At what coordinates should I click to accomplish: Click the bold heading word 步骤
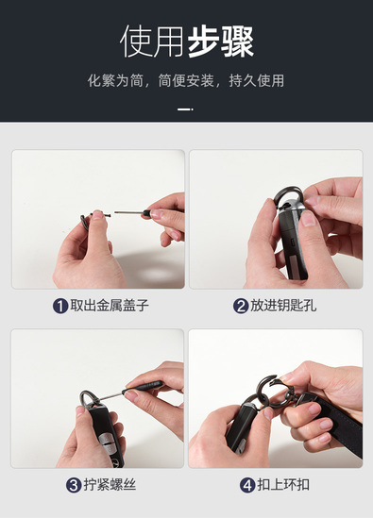[221, 42]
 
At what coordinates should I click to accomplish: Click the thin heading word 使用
[152, 42]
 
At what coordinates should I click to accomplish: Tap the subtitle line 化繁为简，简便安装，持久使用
[186, 80]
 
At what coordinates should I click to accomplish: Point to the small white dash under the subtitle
[185, 109]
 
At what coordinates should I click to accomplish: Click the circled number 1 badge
[60, 306]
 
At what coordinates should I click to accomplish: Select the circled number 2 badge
[241, 306]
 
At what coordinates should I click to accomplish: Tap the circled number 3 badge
[74, 485]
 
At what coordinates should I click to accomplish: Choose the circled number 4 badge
[247, 485]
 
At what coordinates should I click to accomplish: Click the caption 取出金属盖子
[110, 306]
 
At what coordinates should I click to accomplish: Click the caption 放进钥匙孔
[283, 306]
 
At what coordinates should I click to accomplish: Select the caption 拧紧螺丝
[110, 485]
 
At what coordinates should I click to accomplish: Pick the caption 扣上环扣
[283, 485]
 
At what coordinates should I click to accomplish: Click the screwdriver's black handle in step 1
[148, 212]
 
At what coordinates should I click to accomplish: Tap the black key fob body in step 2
[293, 244]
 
